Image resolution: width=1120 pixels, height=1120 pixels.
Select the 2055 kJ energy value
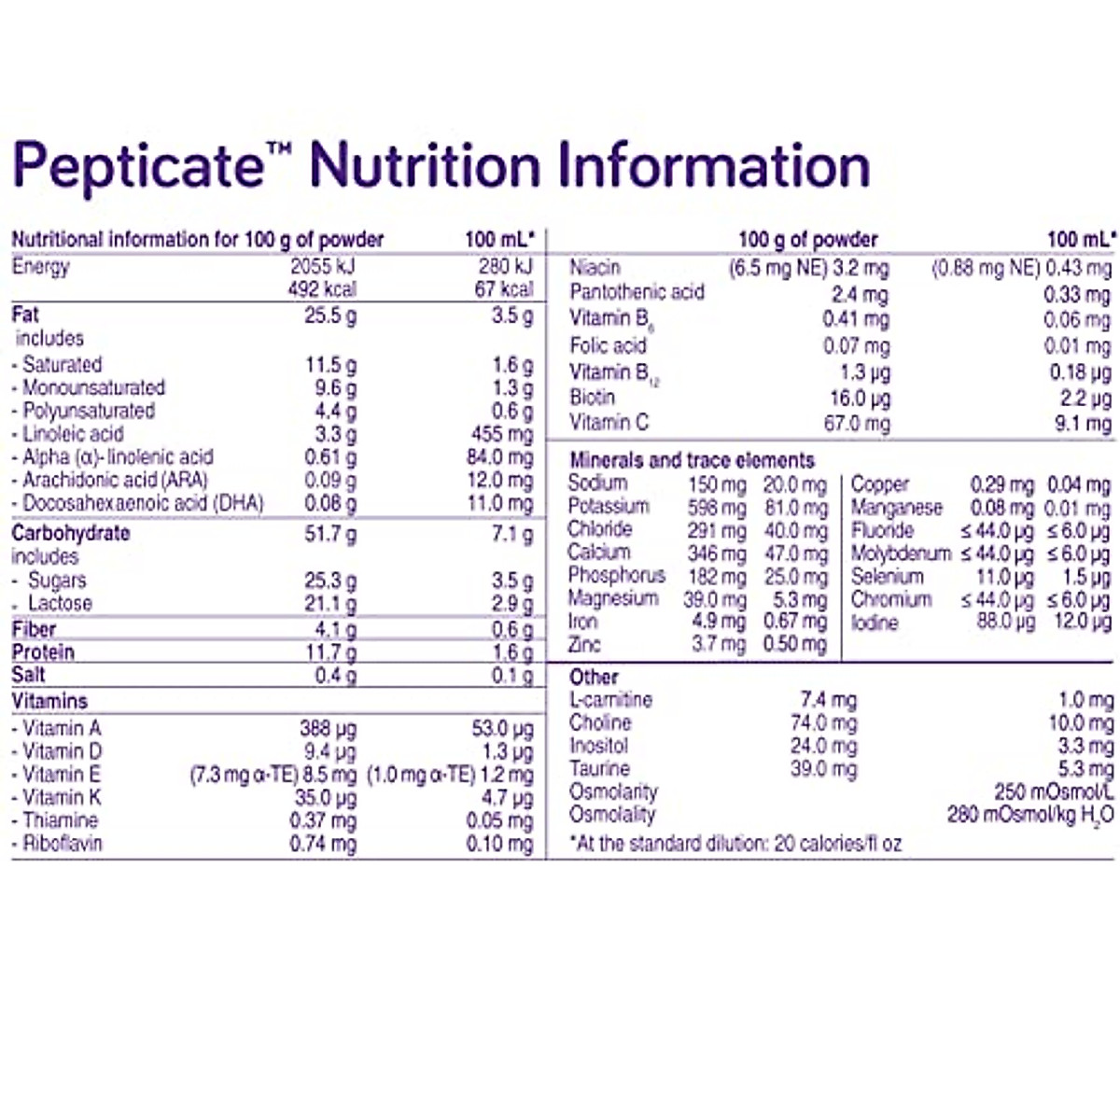point(322,266)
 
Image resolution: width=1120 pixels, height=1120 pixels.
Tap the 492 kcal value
point(322,289)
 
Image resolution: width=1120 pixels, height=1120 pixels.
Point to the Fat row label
point(25,315)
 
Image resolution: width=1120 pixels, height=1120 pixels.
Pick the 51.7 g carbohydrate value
point(329,534)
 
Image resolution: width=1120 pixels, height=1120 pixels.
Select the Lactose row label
point(60,603)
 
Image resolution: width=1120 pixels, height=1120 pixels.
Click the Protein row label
point(43,652)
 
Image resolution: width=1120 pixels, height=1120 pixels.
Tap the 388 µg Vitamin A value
point(328,729)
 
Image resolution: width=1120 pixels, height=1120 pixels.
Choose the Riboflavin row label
point(62,844)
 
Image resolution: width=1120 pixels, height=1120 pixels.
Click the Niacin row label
point(595,268)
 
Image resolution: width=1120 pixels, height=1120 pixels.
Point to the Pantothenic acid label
point(637,292)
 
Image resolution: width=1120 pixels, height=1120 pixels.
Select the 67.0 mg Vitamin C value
point(857,424)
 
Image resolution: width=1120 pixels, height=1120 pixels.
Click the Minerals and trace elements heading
point(692,460)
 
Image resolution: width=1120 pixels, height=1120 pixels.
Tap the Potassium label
point(609,507)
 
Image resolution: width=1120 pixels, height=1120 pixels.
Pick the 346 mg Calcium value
point(716,553)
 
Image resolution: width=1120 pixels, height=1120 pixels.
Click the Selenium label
point(887,576)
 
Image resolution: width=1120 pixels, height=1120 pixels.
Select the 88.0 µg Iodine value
point(1006,623)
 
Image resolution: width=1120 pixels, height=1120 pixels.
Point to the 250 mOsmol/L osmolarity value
point(1054,792)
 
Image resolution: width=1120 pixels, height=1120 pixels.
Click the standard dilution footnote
point(735,844)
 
